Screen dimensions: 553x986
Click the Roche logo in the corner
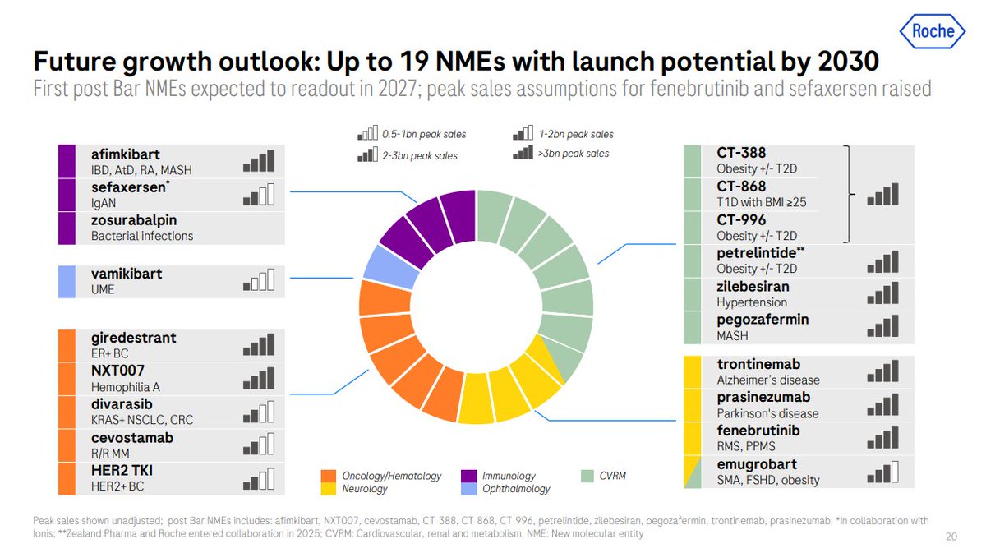(933, 31)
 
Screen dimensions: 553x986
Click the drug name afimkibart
(126, 154)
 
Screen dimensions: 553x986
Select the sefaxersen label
(127, 187)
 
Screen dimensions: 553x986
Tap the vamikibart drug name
(127, 274)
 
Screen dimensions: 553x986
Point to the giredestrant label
(134, 338)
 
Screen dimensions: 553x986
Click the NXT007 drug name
(118, 371)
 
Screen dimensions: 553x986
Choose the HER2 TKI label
(122, 471)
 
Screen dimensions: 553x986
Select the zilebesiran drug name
(753, 287)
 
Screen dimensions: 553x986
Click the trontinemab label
(758, 364)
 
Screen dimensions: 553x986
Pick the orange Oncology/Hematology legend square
(328, 476)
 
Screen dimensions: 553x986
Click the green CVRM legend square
(586, 476)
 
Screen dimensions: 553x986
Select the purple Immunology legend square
(469, 476)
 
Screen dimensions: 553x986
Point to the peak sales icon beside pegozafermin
(882, 329)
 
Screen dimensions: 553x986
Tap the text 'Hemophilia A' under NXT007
(127, 386)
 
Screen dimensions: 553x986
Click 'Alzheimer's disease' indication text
(767, 380)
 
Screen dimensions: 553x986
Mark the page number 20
(951, 536)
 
